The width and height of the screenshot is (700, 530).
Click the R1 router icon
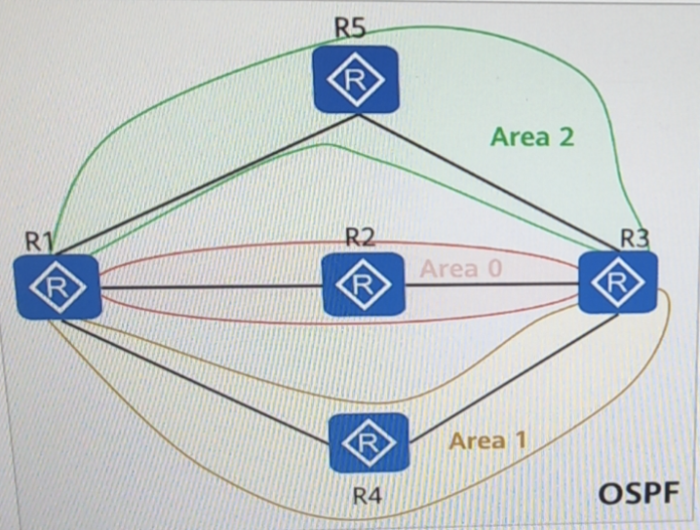58,285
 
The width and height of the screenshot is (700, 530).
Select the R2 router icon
362,284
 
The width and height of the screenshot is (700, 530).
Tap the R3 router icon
617,282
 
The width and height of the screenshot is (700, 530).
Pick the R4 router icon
367,444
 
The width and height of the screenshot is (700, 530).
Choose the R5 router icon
355,80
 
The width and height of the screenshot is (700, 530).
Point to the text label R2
361,237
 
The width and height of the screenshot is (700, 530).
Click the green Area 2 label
532,136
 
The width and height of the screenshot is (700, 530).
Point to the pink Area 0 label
460,268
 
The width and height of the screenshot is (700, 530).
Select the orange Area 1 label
487,440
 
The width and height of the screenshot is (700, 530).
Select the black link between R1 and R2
210,286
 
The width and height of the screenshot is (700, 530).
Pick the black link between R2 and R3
492,285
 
